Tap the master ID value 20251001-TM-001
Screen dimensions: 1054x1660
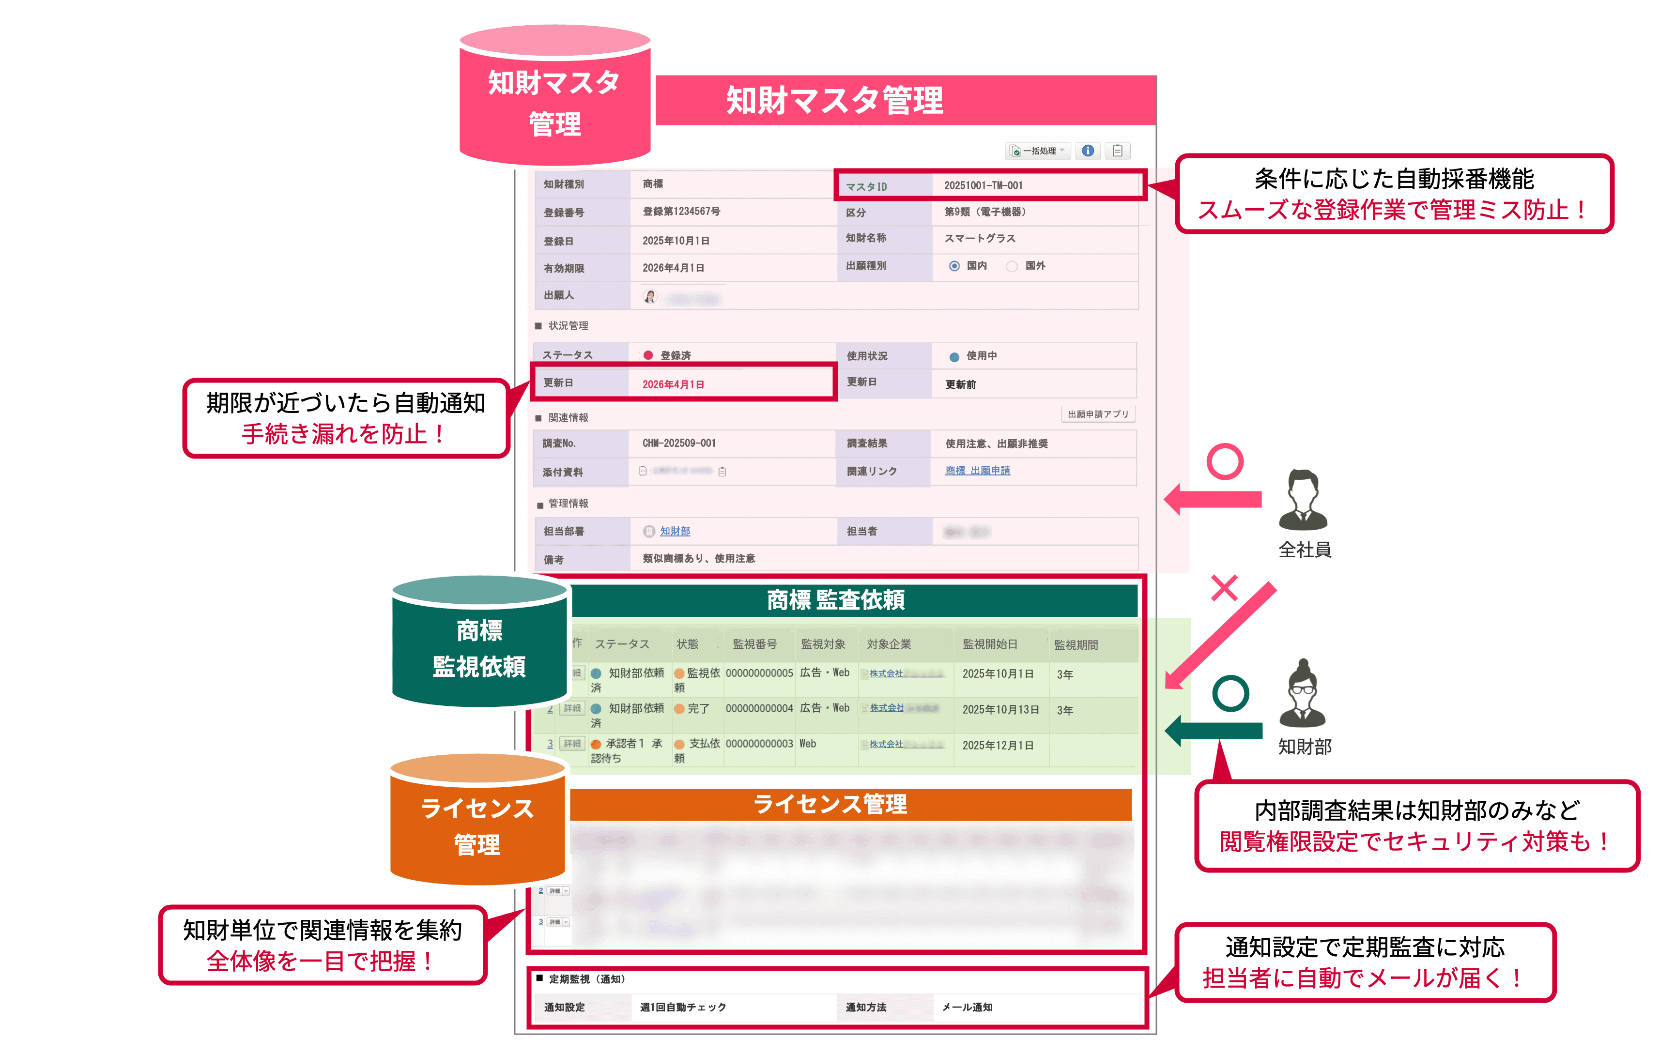983,185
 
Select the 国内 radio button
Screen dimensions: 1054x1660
954,266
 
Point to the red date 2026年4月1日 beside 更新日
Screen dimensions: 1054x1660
673,384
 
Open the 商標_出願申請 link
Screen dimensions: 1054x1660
978,471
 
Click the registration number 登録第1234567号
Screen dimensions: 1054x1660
681,212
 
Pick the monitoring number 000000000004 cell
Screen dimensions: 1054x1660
759,708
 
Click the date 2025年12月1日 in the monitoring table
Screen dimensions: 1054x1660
998,745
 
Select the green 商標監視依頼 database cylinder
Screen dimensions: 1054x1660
480,644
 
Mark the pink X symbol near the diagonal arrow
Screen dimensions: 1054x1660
1224,588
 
